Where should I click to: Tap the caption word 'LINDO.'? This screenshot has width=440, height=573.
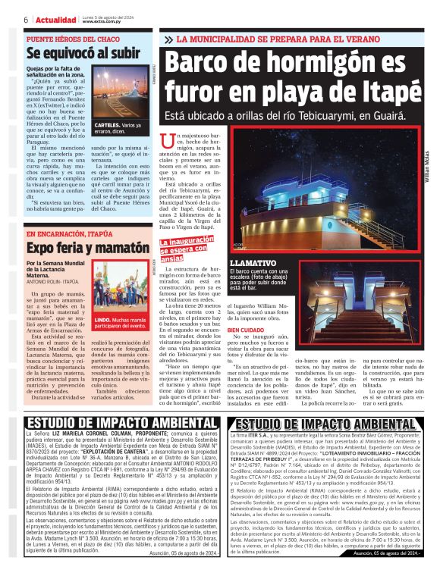point(102,321)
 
